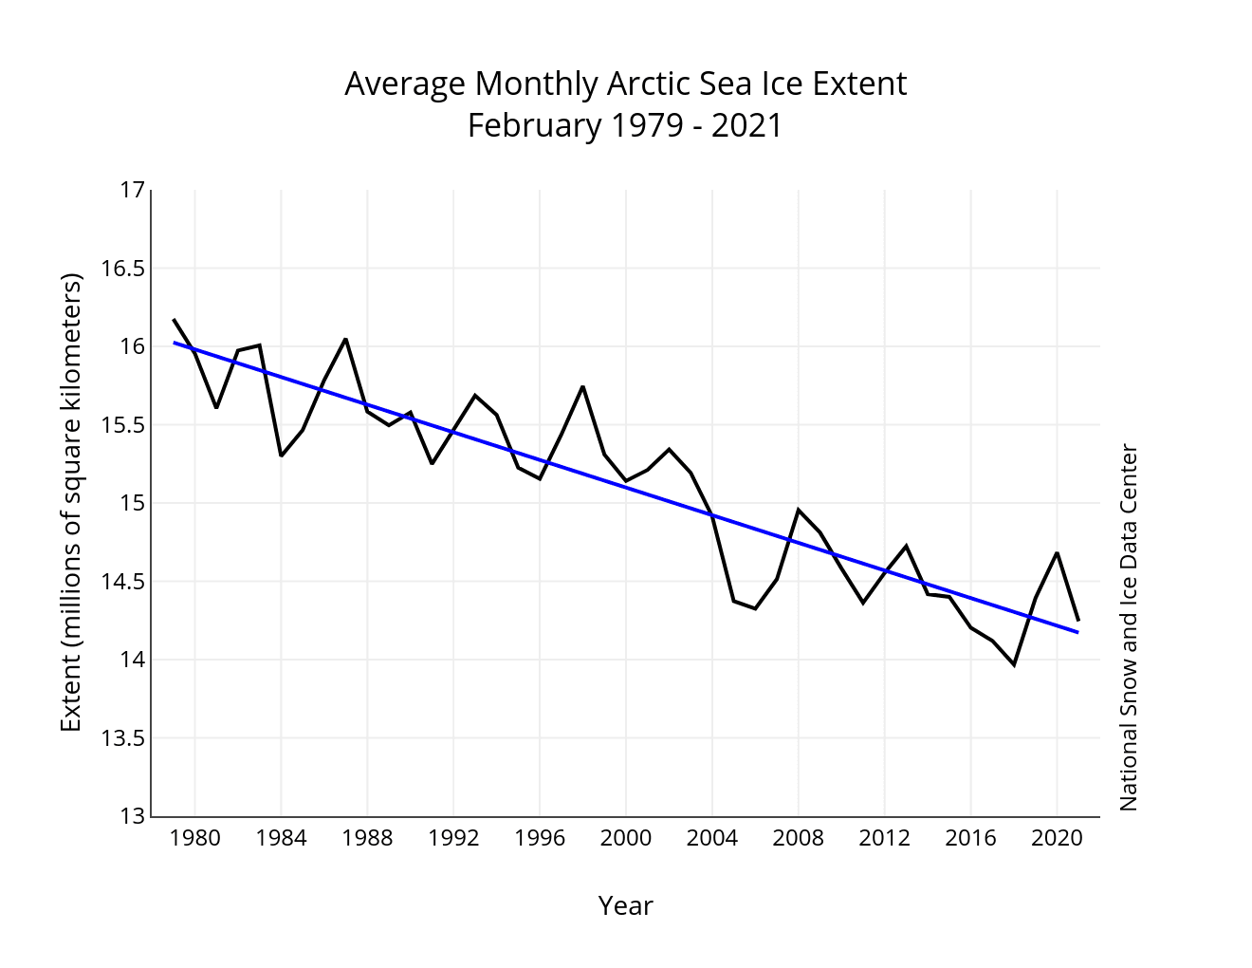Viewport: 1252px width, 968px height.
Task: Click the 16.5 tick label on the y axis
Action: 122,269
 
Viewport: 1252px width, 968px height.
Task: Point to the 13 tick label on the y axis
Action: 133,816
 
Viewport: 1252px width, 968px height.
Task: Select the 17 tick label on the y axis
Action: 133,190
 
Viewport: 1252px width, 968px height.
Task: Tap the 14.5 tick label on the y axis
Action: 122,581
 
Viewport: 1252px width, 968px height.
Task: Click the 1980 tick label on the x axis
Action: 194,838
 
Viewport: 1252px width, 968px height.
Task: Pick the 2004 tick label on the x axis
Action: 711,838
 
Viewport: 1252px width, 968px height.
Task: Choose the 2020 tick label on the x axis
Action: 1057,838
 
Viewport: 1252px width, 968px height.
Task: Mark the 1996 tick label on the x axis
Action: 540,838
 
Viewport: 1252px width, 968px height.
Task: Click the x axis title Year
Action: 625,906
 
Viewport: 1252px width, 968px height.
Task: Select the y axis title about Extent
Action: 71,502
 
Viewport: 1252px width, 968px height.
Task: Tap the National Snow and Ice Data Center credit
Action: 1129,627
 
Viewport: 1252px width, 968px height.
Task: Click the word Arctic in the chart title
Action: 638,84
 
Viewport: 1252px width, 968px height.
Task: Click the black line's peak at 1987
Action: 345,339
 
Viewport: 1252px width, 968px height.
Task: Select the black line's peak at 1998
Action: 582,386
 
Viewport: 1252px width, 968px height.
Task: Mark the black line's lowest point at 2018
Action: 1014,665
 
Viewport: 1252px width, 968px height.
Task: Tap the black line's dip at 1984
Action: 281,456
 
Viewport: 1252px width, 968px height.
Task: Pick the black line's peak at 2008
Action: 799,510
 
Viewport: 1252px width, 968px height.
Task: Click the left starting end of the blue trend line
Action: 174,343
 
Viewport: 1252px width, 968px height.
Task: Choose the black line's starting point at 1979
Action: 174,319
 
